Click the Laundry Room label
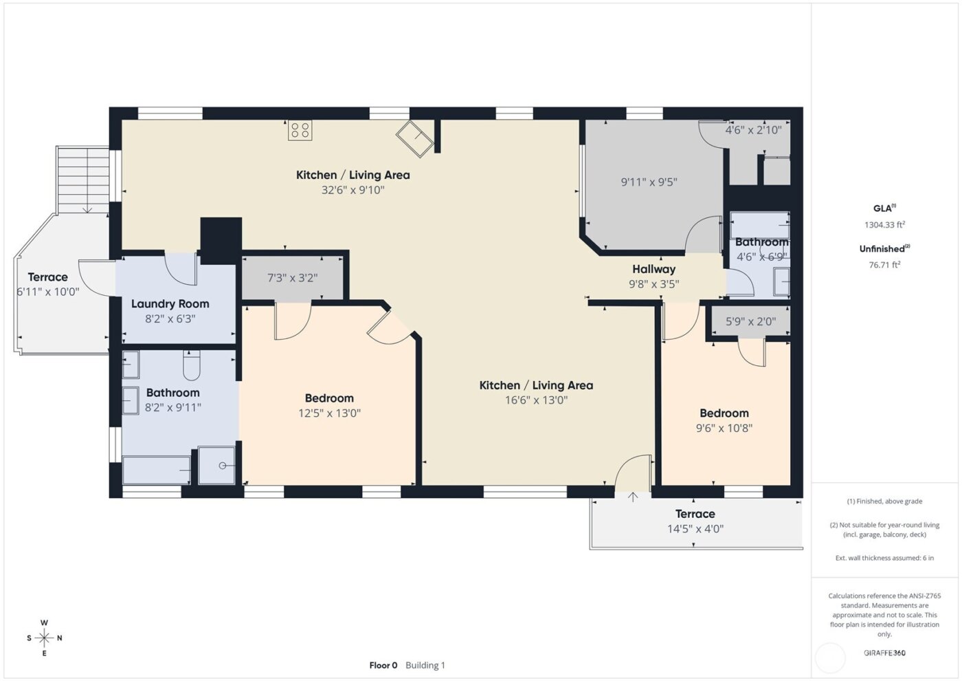(x=170, y=303)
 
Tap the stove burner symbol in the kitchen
(x=300, y=130)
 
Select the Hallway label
(x=653, y=269)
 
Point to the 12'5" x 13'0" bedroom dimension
(x=329, y=413)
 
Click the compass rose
(x=44, y=638)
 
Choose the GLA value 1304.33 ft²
(x=884, y=225)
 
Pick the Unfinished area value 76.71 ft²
(x=884, y=265)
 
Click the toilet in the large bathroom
(x=192, y=365)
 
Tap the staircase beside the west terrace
(x=83, y=180)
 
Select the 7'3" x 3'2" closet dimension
(x=292, y=278)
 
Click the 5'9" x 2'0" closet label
(x=750, y=321)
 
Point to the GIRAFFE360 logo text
(x=884, y=653)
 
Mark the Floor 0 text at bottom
(x=383, y=665)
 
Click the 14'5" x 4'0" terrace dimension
(x=695, y=529)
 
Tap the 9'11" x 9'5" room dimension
(x=649, y=182)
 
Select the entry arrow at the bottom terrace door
(x=633, y=497)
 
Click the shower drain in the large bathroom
(x=223, y=466)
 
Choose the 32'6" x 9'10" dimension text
(x=353, y=190)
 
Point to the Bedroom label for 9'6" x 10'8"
(x=724, y=413)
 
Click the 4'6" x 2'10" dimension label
(x=753, y=130)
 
